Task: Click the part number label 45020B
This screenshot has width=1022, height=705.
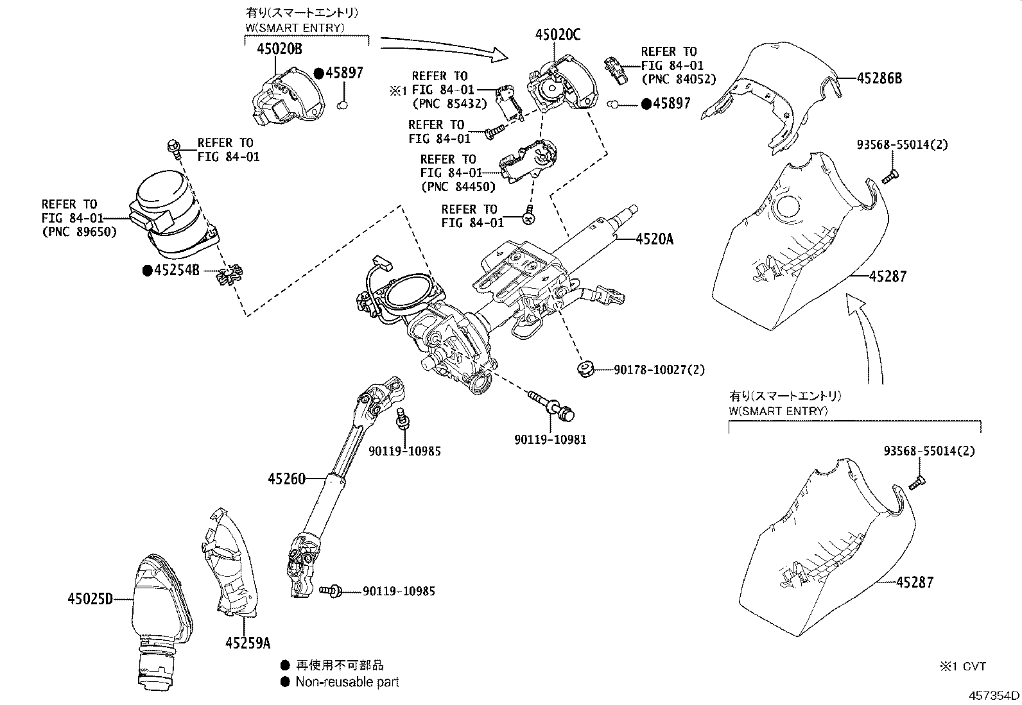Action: coord(280,49)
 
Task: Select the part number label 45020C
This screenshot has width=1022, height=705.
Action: coord(558,35)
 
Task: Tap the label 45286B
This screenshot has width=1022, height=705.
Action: coord(879,78)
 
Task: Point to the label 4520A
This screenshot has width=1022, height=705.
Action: coord(655,239)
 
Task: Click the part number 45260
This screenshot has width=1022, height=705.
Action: coord(288,478)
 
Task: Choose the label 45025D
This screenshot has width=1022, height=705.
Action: coord(90,599)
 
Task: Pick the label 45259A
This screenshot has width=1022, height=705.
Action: coord(248,641)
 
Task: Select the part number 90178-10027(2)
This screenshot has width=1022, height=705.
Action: coord(659,369)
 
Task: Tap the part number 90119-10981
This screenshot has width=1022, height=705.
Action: coord(550,439)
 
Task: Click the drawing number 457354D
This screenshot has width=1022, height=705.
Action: coord(994,695)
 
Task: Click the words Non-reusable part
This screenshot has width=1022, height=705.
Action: coord(347,682)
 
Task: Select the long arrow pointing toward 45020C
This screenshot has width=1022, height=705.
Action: coord(443,48)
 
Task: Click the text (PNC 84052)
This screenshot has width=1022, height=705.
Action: coord(678,79)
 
